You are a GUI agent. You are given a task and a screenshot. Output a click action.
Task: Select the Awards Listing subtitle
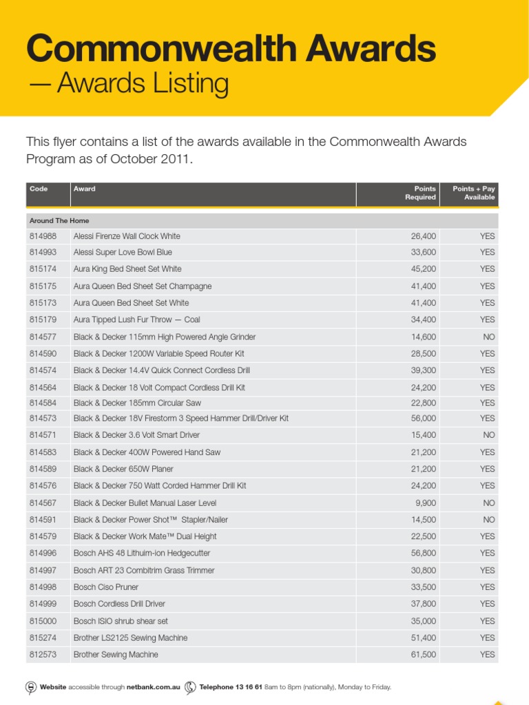click(128, 84)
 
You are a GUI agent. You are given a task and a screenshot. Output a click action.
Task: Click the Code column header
click(39, 189)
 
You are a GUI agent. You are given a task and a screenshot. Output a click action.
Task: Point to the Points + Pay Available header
click(474, 193)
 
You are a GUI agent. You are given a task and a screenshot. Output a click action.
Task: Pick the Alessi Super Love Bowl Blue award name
click(123, 253)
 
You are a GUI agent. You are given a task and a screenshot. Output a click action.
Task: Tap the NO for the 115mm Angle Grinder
click(488, 337)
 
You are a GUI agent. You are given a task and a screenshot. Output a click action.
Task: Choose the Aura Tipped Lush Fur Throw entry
click(136, 319)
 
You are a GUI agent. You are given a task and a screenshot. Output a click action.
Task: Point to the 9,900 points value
click(426, 503)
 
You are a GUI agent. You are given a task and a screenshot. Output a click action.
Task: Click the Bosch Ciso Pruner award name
click(105, 587)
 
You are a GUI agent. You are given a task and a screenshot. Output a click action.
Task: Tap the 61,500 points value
click(423, 655)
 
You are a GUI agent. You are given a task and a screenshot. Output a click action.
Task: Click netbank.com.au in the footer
click(153, 687)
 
